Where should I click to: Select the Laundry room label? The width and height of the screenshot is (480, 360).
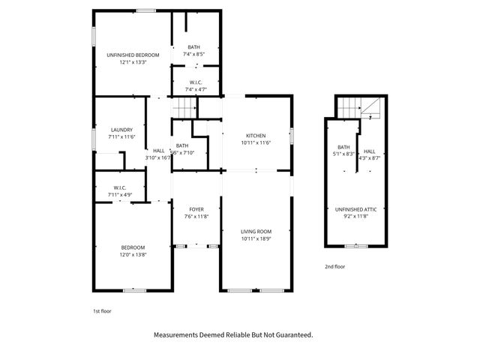pyautogui.click(x=121, y=129)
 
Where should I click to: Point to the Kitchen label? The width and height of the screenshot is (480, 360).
pyautogui.click(x=256, y=135)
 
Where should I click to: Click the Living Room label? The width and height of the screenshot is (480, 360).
pyautogui.click(x=256, y=232)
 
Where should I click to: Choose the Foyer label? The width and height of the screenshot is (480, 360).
pyautogui.click(x=196, y=209)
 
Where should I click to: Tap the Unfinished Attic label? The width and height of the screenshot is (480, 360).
pyautogui.click(x=356, y=209)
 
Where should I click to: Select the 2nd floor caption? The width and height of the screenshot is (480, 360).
pyautogui.click(x=334, y=267)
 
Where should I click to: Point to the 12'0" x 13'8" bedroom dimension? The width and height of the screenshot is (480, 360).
pyautogui.click(x=133, y=255)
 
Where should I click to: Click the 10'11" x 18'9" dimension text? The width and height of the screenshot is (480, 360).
pyautogui.click(x=256, y=239)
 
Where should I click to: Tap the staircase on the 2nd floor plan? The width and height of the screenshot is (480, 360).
pyautogui.click(x=349, y=109)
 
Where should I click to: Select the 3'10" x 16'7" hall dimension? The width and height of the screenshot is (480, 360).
pyautogui.click(x=158, y=158)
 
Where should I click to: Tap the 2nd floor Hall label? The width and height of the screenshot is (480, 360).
pyautogui.click(x=369, y=151)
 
